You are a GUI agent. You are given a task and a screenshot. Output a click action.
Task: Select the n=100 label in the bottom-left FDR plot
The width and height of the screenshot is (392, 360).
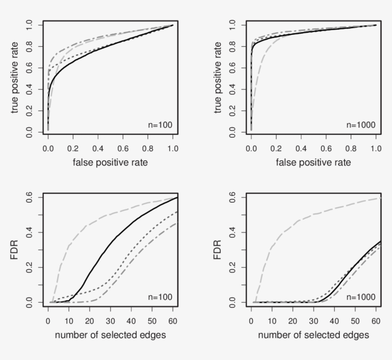pos(160,297)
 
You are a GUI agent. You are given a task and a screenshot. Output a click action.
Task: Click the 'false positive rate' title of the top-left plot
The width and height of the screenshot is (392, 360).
pos(110,163)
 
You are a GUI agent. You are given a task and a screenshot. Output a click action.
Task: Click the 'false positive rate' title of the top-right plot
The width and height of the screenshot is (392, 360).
pos(313,163)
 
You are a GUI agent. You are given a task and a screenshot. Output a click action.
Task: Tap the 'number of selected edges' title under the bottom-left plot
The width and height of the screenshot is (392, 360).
pos(110,335)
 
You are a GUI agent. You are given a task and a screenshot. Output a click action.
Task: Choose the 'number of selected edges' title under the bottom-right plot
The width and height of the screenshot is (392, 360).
pos(313,335)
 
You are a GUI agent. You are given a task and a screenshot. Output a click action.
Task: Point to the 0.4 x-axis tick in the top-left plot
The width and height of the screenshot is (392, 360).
pos(98,149)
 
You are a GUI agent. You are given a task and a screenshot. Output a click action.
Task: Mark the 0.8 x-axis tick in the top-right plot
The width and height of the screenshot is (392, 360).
pos(351,149)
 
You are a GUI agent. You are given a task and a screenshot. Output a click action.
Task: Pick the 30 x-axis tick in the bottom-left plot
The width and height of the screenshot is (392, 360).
pos(110,320)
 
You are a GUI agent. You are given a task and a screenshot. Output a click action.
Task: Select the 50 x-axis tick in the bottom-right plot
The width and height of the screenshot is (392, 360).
pos(355,320)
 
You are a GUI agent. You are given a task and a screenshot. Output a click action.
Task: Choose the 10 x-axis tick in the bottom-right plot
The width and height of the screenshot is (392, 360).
pos(272,320)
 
